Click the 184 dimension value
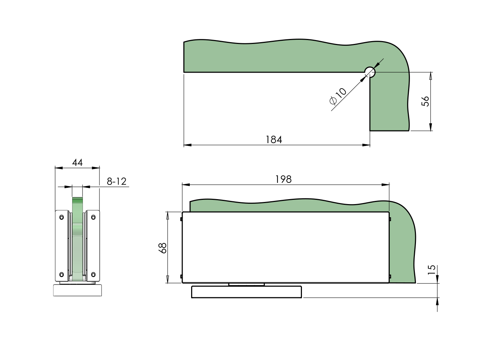[274, 140]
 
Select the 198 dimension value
[283, 179]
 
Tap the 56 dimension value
[425, 101]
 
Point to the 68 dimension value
[162, 248]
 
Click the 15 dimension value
[432, 270]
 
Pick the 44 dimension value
[77, 163]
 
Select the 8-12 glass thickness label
[116, 181]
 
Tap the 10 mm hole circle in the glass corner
[370, 72]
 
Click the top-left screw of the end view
[62, 217]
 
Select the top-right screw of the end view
[93, 217]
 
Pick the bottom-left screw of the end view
[62, 274]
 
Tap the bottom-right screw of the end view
[93, 274]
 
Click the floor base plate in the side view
[246, 292]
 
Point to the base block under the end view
[77, 290]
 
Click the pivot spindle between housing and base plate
[246, 285]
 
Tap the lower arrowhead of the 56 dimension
[430, 127]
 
